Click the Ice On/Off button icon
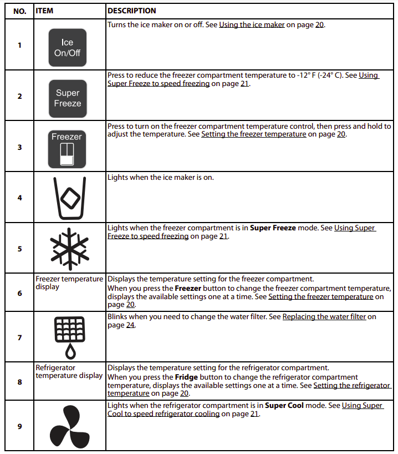point(68,47)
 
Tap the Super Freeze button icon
point(68,98)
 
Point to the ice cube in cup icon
point(69,198)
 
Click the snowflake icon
point(69,248)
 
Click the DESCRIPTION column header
point(132,11)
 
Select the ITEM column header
point(44,11)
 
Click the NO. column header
point(19,11)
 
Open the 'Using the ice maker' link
point(252,25)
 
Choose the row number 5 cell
point(19,249)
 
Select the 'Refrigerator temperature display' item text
point(69,371)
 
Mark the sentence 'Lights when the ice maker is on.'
point(160,177)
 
